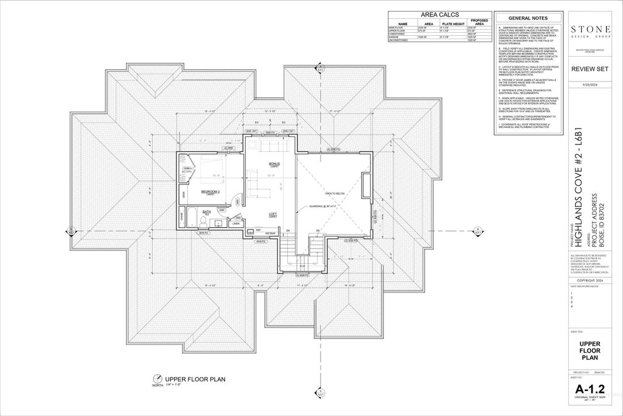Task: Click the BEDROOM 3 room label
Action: pyautogui.click(x=210, y=191)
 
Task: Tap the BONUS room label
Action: pyautogui.click(x=274, y=164)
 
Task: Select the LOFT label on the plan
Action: pyautogui.click(x=273, y=214)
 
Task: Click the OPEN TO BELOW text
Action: pyautogui.click(x=335, y=193)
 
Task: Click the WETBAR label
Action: pyautogui.click(x=270, y=233)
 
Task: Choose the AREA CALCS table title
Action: pyautogui.click(x=439, y=15)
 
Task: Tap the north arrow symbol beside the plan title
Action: pyautogui.click(x=158, y=378)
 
